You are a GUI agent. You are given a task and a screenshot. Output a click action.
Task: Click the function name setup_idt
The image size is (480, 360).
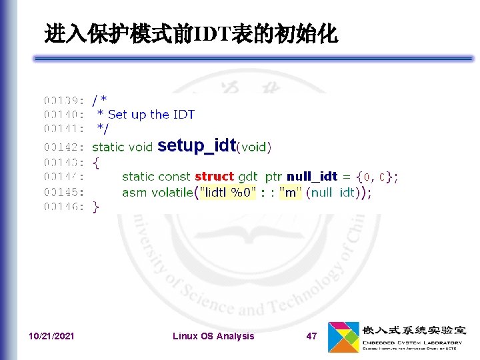pyautogui.click(x=197, y=145)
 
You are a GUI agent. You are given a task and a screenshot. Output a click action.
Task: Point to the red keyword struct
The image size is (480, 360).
pyautogui.click(x=214, y=177)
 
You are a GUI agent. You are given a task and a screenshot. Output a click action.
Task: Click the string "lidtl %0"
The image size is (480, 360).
pyautogui.click(x=225, y=192)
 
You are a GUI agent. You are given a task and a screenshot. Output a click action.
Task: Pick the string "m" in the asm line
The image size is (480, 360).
pyautogui.click(x=289, y=192)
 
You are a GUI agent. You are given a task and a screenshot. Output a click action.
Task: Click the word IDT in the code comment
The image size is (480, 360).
pyautogui.click(x=183, y=115)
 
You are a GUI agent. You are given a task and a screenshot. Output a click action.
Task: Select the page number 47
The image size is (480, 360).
pyautogui.click(x=311, y=336)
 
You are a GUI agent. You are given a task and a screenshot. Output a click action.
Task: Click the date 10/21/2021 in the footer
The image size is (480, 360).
pyautogui.click(x=52, y=336)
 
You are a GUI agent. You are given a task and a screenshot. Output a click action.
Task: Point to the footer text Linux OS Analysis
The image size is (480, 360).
pyautogui.click(x=213, y=336)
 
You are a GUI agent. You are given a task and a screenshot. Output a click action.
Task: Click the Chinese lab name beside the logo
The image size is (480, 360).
pyautogui.click(x=413, y=330)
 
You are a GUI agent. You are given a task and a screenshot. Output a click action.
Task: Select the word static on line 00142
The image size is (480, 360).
pyautogui.click(x=107, y=147)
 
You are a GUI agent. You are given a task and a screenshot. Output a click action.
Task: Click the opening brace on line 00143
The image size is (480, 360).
pyautogui.click(x=96, y=162)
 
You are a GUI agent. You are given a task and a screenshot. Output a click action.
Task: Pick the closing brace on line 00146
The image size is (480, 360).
pyautogui.click(x=96, y=207)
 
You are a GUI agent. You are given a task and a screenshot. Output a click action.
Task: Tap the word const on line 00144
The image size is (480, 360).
pyautogui.click(x=174, y=177)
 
